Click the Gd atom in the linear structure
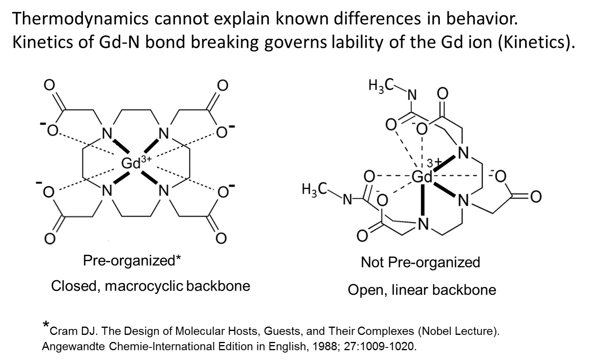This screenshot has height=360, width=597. [421, 177]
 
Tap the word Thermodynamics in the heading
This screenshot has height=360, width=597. [80, 19]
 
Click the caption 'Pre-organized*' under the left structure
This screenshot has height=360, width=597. [132, 260]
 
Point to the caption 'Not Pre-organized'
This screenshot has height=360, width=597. [420, 262]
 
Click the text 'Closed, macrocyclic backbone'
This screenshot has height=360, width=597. [150, 286]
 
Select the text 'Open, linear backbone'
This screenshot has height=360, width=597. [422, 290]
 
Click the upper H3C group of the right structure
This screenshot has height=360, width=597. [380, 86]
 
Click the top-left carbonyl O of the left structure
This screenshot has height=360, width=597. [49, 85]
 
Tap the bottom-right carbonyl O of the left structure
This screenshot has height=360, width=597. [221, 238]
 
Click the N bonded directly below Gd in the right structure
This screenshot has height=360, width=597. [423, 224]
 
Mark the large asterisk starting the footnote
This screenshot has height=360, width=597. [46, 325]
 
